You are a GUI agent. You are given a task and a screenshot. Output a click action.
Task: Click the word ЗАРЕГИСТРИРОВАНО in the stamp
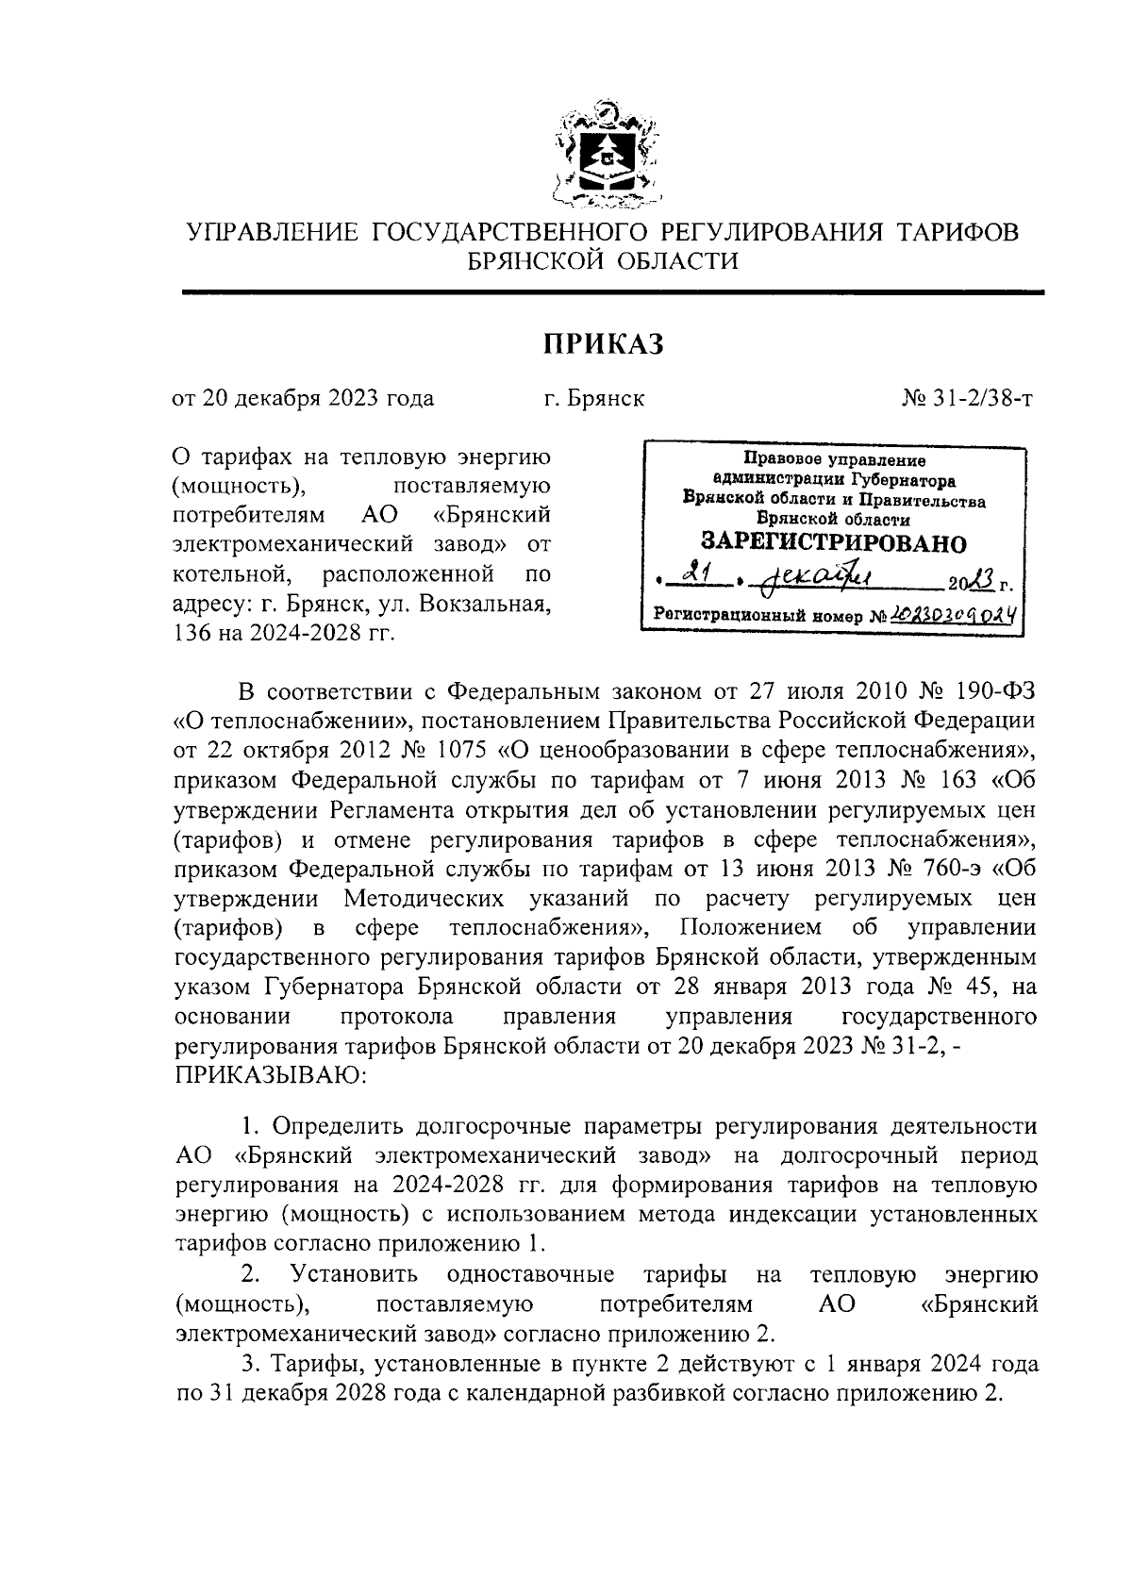pos(833,543)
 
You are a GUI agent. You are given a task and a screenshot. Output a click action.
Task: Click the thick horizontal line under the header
pos(613,293)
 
